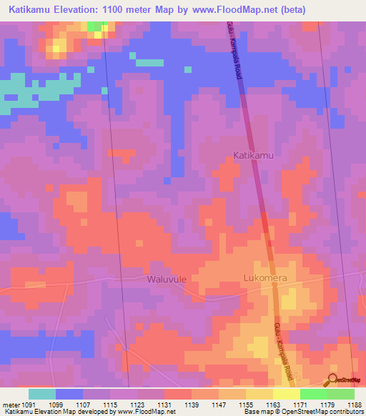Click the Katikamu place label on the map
pos(254,154)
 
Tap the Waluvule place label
pos(167,279)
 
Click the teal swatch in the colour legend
pos(41,394)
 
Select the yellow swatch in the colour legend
pos(286,394)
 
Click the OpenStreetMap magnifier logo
pos(333,380)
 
